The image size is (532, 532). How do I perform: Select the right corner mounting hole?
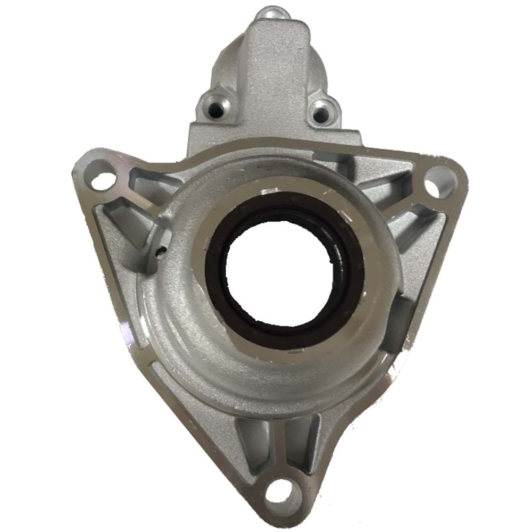441,181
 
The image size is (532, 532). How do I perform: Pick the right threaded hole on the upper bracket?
320,112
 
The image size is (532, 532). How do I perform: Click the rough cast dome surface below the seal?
266,367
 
